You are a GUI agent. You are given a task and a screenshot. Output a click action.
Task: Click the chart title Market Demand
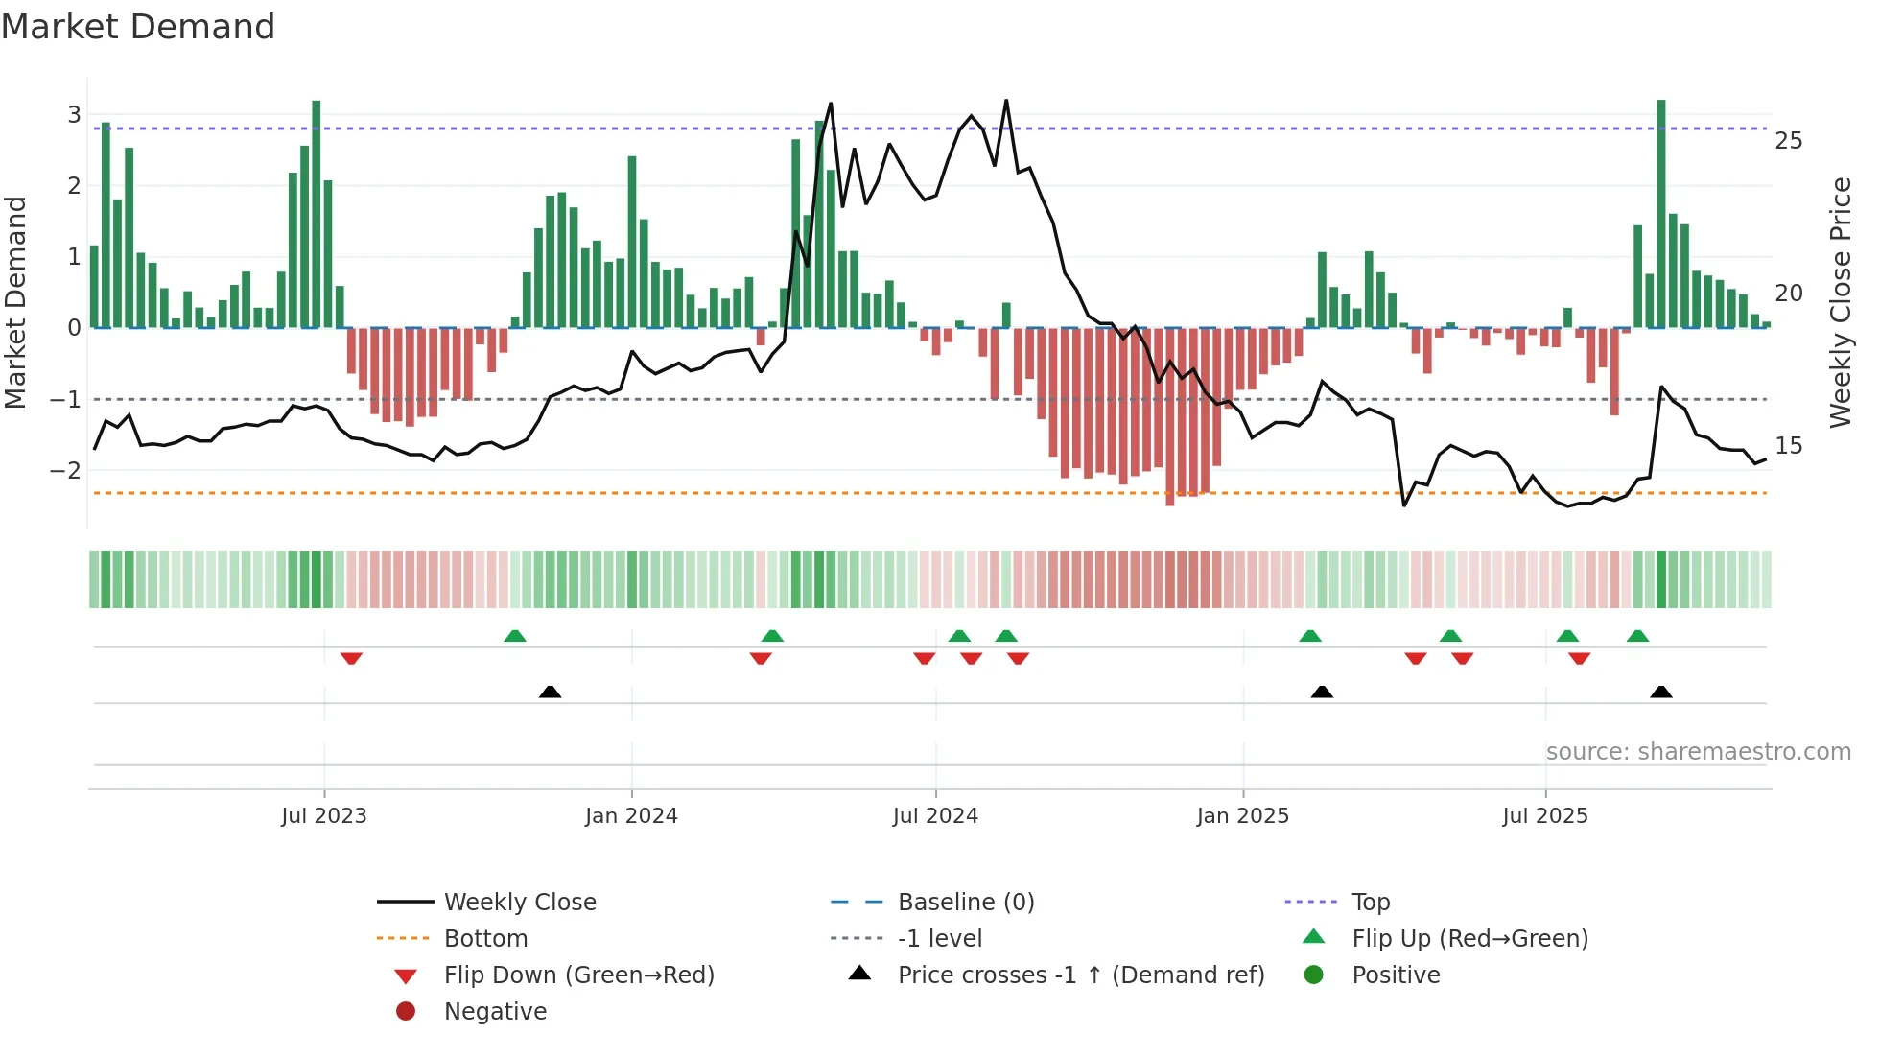[x=138, y=27]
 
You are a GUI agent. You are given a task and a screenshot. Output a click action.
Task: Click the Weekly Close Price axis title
[x=1840, y=302]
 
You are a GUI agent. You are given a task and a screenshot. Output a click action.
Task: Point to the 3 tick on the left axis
[x=74, y=115]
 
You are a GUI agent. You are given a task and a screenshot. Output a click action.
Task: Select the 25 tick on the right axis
[x=1788, y=141]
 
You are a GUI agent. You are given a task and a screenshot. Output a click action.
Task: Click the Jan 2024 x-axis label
[x=631, y=816]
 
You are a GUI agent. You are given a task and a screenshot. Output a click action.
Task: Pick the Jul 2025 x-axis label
[x=1544, y=816]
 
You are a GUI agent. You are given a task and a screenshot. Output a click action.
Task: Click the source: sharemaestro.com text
[x=1698, y=752]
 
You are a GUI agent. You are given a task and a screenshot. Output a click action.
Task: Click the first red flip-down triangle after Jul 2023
[x=351, y=658]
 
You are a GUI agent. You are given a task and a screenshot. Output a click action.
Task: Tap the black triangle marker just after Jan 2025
[x=1322, y=692]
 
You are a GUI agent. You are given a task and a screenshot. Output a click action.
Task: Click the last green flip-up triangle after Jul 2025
[x=1638, y=636]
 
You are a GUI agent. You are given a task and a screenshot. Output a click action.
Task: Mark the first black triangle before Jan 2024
[x=550, y=692]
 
